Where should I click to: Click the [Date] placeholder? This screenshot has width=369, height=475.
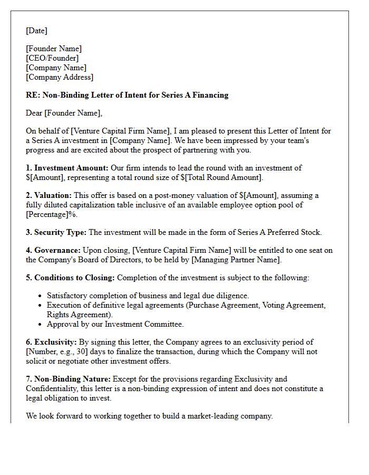click(x=37, y=31)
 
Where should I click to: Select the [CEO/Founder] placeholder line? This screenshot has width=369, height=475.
click(x=52, y=58)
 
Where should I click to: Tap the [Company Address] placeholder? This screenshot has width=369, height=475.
click(x=60, y=77)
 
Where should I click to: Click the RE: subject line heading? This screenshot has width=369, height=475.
click(x=127, y=95)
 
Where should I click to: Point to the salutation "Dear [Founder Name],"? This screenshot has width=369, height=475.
click(x=64, y=113)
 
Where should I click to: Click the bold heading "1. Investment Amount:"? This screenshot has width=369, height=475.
click(x=67, y=168)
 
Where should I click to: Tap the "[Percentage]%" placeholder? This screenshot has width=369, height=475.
click(x=51, y=214)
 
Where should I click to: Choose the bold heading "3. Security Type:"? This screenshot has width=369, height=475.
click(x=56, y=232)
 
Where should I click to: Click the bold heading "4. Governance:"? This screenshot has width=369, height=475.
click(x=53, y=250)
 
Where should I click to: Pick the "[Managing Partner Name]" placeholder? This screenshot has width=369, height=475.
click(x=236, y=260)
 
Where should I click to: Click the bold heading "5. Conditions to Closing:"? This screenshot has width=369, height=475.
click(x=71, y=278)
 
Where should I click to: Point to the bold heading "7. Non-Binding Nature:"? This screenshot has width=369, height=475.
click(x=69, y=379)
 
